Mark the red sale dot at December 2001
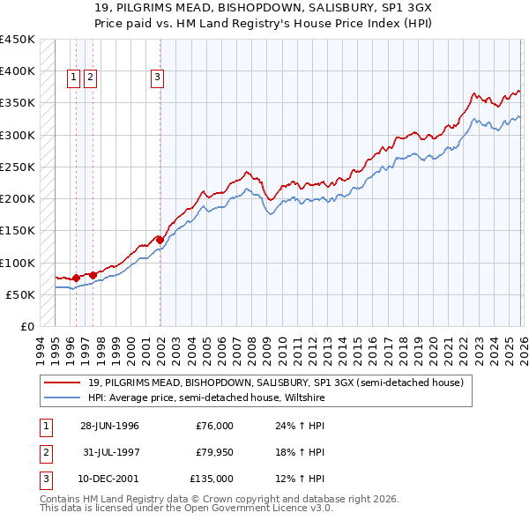tap(160, 239)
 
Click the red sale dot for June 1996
tap(76, 278)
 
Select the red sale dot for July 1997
tap(93, 274)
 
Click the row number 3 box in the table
tap(45, 479)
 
